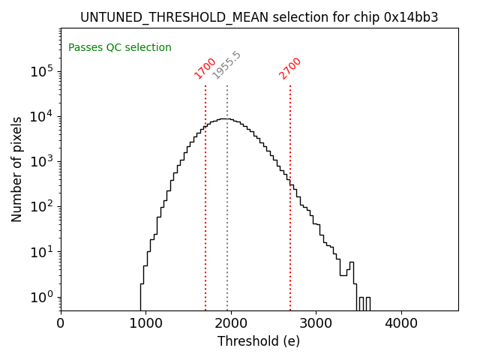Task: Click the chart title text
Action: [x=259, y=17]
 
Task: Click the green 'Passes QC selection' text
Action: [x=120, y=48]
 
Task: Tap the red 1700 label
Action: [x=205, y=67]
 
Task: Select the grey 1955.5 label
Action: [x=226, y=65]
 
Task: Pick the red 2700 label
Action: [x=290, y=67]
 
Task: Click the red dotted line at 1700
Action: [x=205, y=195]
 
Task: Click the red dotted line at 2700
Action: [x=290, y=225]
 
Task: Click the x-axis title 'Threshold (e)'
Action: [x=259, y=341]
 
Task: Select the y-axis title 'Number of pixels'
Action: [x=17, y=169]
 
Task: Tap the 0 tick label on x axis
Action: [x=61, y=323]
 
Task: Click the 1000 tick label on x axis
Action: [x=145, y=323]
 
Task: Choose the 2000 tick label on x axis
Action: [x=231, y=323]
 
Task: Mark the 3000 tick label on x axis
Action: [x=316, y=323]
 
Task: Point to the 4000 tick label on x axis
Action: [x=401, y=323]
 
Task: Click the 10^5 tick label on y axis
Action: [x=41, y=71]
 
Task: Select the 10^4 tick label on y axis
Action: [x=41, y=116]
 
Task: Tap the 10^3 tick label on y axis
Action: [x=41, y=161]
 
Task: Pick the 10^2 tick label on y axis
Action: [x=41, y=206]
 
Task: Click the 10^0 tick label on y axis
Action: [x=41, y=297]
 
